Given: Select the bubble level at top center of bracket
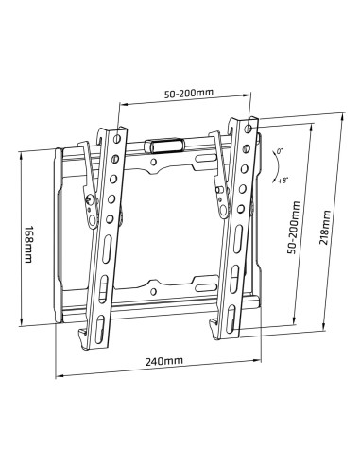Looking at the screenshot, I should coord(165,146).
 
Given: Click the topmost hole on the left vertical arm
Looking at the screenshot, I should coord(116,139).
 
